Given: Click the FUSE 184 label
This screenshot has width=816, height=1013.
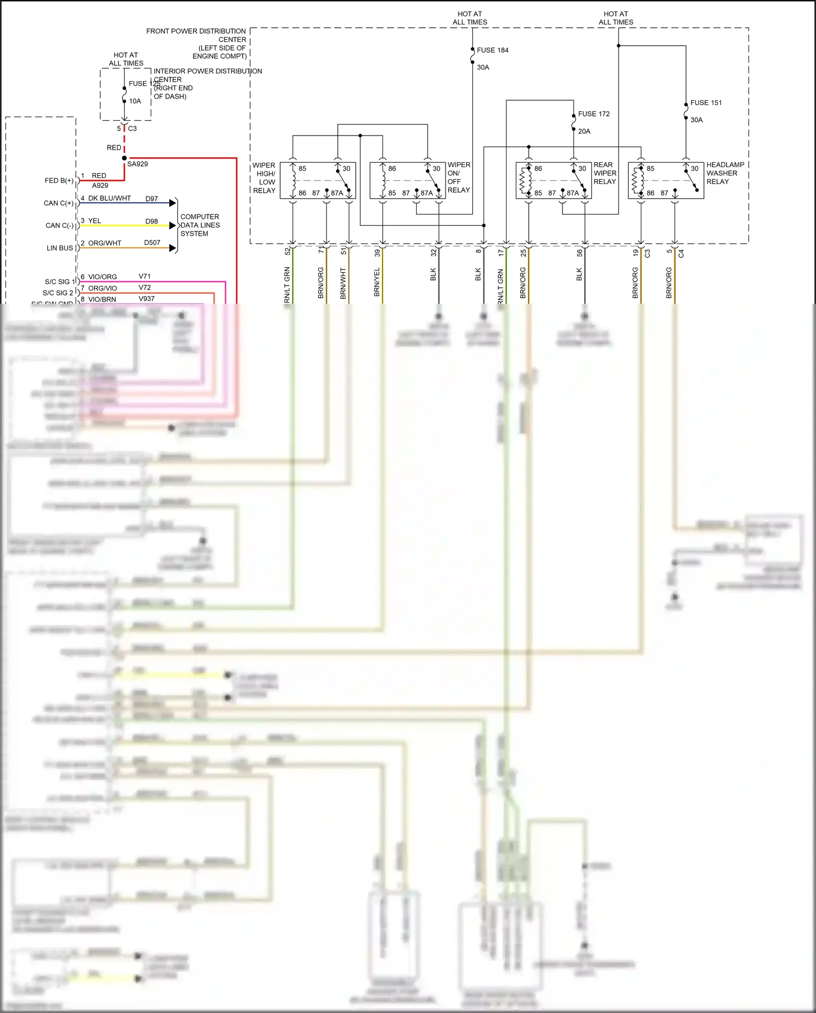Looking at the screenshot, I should coord(492,50).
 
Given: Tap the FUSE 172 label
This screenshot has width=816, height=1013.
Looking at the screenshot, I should coord(594,114).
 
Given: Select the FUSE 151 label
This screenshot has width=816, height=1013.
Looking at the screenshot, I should coord(706,103).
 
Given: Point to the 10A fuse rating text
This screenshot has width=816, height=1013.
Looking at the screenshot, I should coord(135,101).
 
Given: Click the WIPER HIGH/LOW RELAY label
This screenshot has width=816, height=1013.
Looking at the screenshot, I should coord(264,178).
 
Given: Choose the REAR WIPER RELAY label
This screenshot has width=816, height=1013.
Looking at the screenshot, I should coord(604,173).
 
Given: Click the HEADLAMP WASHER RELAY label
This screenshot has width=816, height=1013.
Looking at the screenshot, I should coord(725,173).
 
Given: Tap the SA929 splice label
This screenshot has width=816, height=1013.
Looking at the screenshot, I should coord(138,164).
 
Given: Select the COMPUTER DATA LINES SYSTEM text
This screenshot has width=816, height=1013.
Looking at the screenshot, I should coord(200,225).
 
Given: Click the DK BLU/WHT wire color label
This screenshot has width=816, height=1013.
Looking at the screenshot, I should coord(109,198).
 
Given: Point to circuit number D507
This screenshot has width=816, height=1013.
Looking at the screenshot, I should coord(152,243).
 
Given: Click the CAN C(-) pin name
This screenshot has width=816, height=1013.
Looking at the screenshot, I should coord(59,225).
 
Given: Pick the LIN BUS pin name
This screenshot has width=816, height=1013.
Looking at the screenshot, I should coord(60,248).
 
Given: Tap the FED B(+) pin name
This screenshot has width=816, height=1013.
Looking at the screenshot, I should coord(59,181).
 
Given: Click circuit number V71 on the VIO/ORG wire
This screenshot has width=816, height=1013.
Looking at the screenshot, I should coord(145,277).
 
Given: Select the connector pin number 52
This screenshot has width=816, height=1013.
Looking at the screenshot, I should coord(288,252).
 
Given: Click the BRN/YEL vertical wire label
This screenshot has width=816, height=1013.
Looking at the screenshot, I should coord(377,282).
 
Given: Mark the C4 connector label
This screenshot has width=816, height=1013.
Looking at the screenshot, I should coord(681,254).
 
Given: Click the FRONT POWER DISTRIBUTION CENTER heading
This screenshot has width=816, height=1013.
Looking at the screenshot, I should coord(196,44).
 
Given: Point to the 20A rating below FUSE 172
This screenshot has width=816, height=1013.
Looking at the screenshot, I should coord(584,131).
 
